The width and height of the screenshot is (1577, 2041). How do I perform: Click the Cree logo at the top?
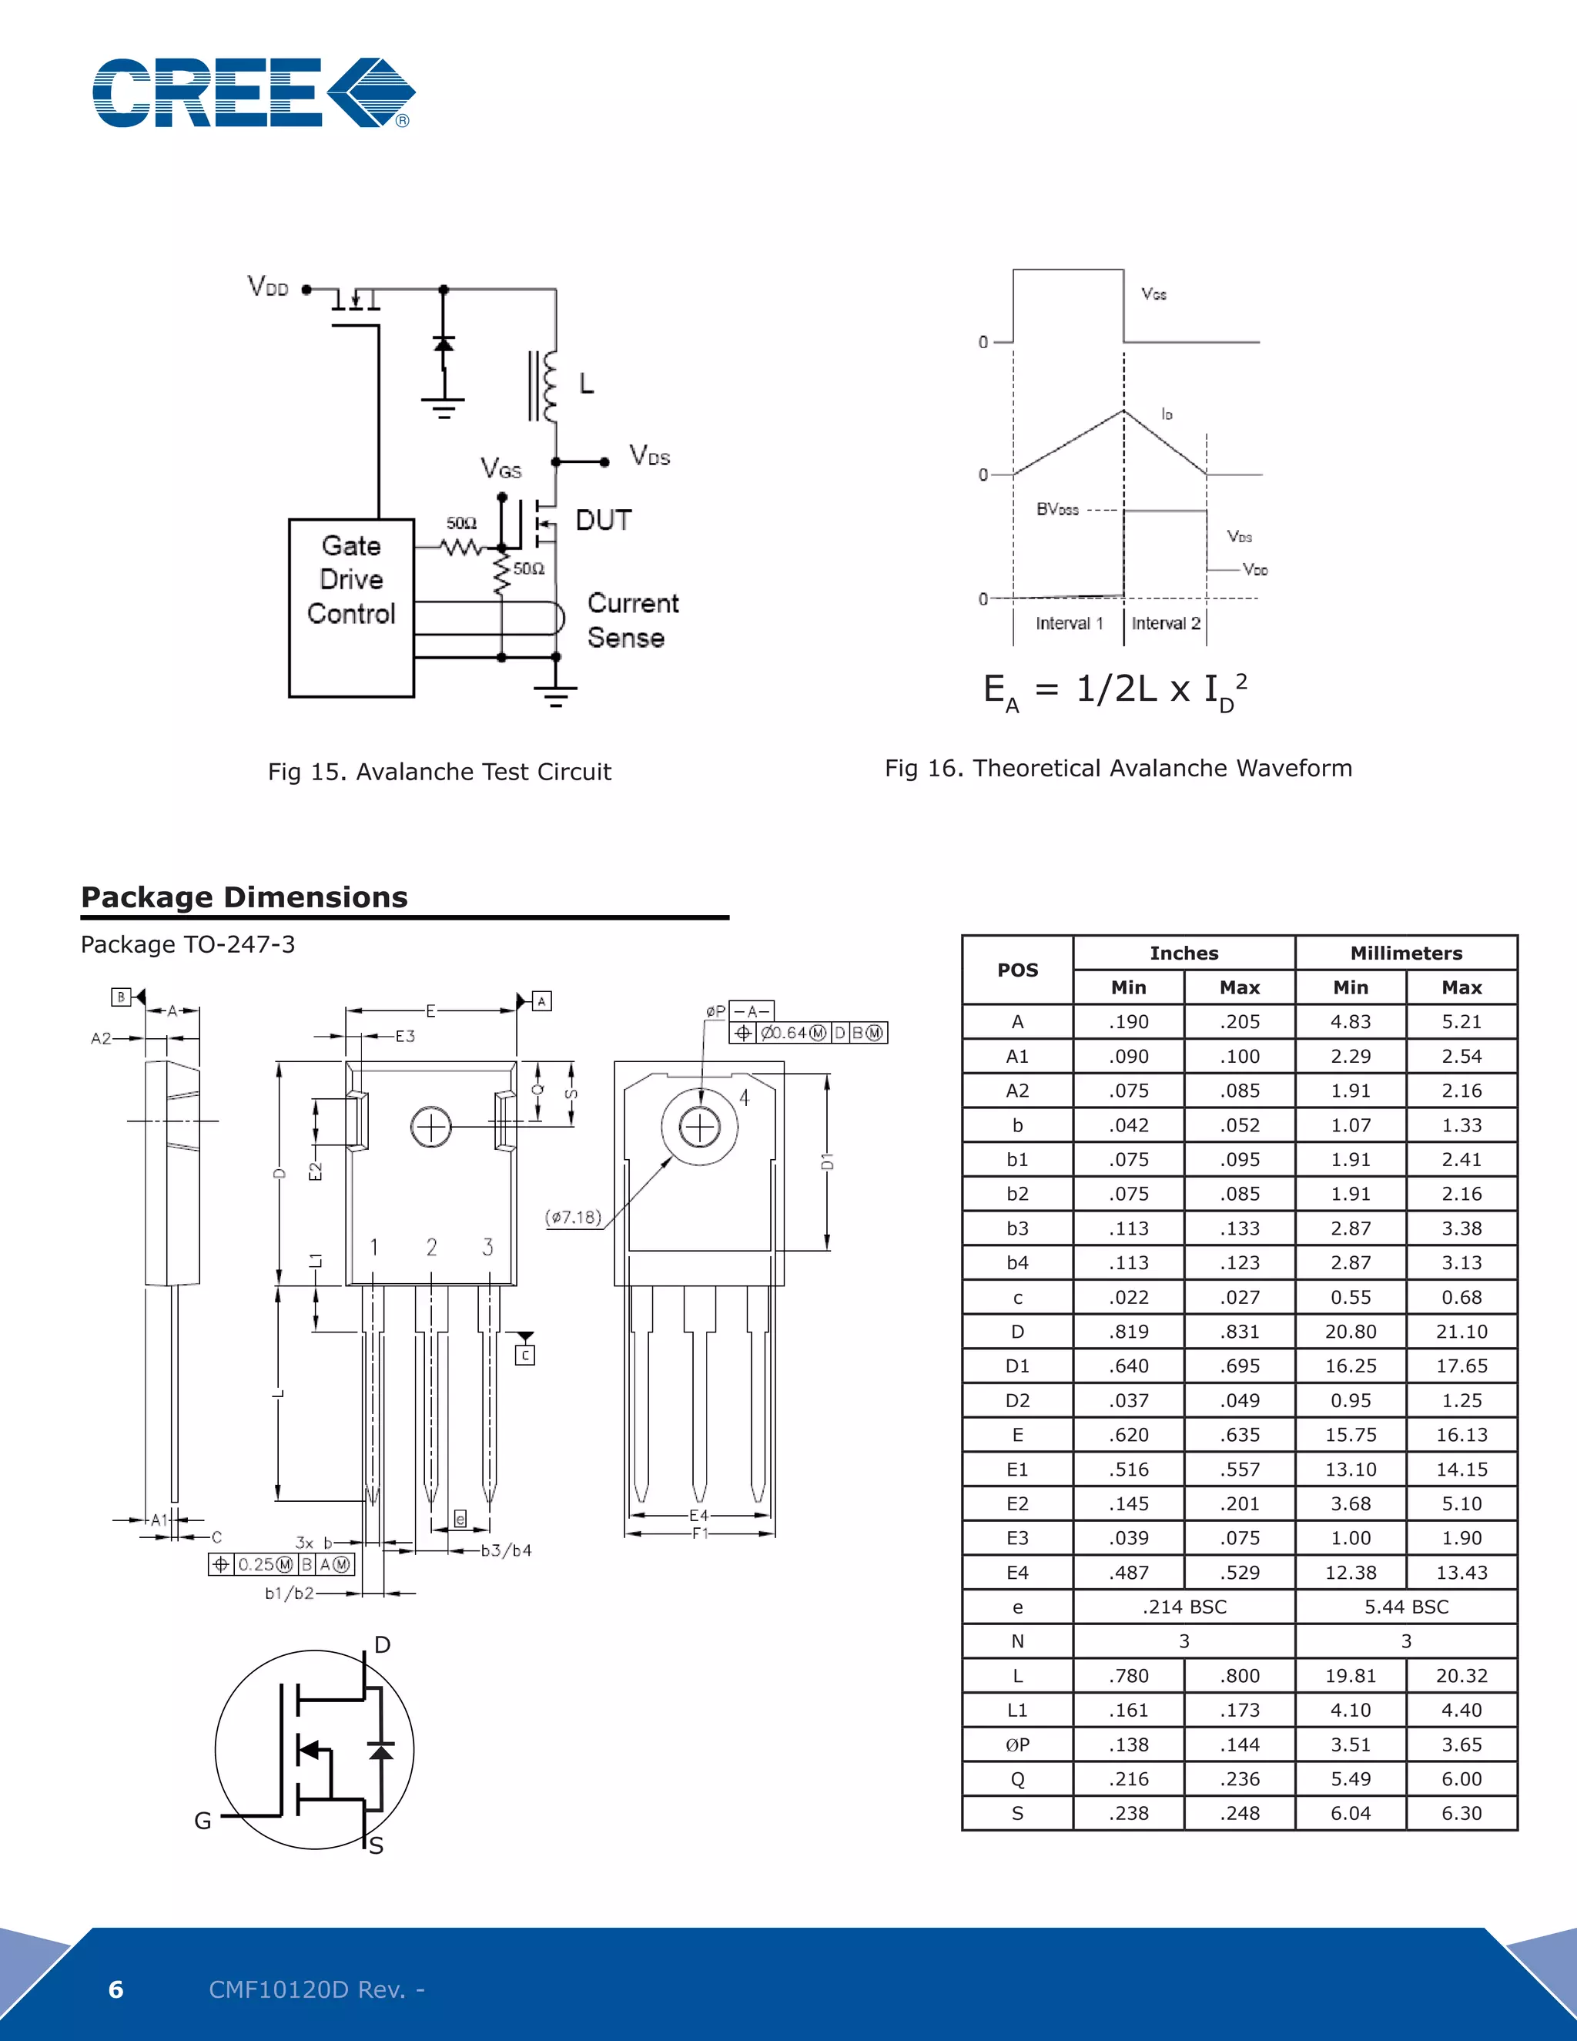[x=253, y=92]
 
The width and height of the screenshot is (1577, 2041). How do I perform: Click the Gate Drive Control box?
[x=351, y=608]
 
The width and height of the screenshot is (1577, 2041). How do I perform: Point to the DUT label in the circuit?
[x=604, y=521]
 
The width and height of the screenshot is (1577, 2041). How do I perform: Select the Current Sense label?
[x=631, y=621]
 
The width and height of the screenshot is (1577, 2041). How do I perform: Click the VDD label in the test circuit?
[x=268, y=287]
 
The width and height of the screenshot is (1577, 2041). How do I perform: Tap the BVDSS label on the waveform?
[x=1056, y=509]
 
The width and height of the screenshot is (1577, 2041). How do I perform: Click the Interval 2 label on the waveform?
[x=1165, y=623]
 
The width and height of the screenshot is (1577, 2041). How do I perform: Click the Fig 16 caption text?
[x=1118, y=768]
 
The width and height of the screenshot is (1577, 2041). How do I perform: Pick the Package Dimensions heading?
[x=244, y=897]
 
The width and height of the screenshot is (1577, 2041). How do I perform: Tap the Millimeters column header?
[x=1405, y=953]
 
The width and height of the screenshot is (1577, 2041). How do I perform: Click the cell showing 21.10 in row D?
[x=1461, y=1332]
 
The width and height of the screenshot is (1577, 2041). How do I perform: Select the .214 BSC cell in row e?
[x=1184, y=1607]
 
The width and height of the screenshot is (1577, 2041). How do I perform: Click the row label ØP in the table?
[x=1017, y=1744]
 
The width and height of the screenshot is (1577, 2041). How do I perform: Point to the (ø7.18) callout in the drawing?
[x=574, y=1217]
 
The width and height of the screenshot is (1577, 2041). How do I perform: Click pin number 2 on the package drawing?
[x=432, y=1247]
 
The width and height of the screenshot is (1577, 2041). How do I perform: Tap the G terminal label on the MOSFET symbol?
[x=203, y=1821]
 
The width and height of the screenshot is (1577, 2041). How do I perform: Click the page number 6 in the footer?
[x=116, y=1989]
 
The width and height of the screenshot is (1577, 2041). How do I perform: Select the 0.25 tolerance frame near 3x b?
[x=281, y=1564]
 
